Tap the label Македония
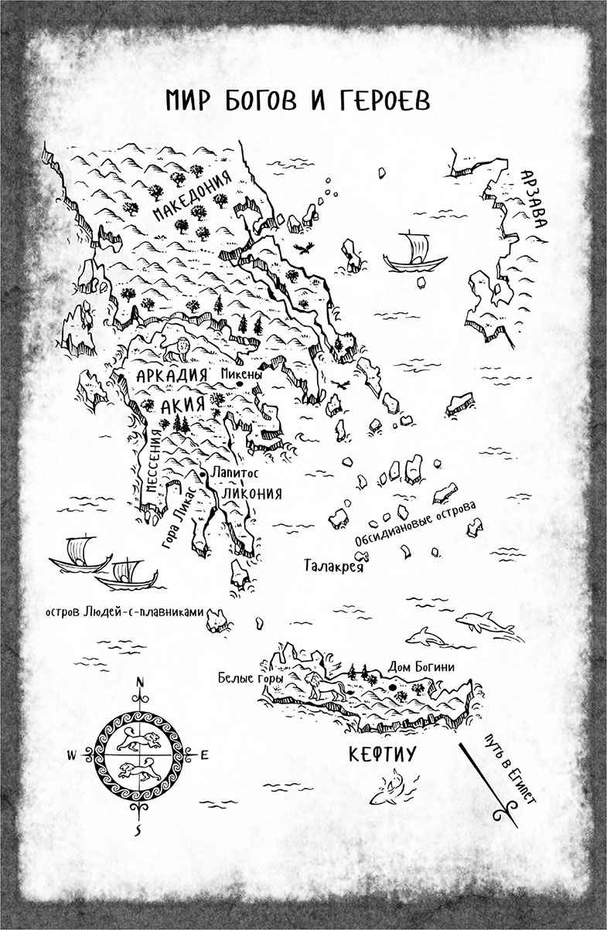(x=193, y=196)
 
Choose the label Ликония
(x=251, y=493)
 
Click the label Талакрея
(x=333, y=564)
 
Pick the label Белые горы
(x=251, y=678)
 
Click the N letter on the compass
(x=140, y=682)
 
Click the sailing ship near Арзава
(x=411, y=253)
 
